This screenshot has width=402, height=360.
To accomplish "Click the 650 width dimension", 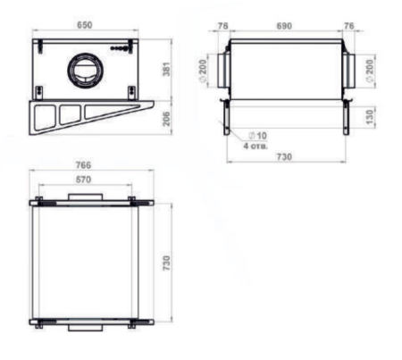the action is tap(85, 25).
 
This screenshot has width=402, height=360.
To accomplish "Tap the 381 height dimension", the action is tap(167, 69).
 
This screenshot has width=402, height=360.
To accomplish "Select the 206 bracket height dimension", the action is tap(167, 119).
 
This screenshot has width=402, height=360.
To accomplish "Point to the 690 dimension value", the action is tap(284, 26).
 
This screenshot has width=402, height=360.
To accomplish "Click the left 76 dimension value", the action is tap(222, 26).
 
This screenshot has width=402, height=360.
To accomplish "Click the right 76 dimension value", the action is tap(349, 26).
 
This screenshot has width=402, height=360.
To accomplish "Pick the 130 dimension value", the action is tap(369, 117).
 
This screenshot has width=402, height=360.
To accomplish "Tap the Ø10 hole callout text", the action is tap(257, 136).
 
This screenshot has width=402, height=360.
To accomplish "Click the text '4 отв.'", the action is tap(255, 147).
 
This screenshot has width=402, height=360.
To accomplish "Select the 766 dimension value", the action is tap(83, 165).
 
